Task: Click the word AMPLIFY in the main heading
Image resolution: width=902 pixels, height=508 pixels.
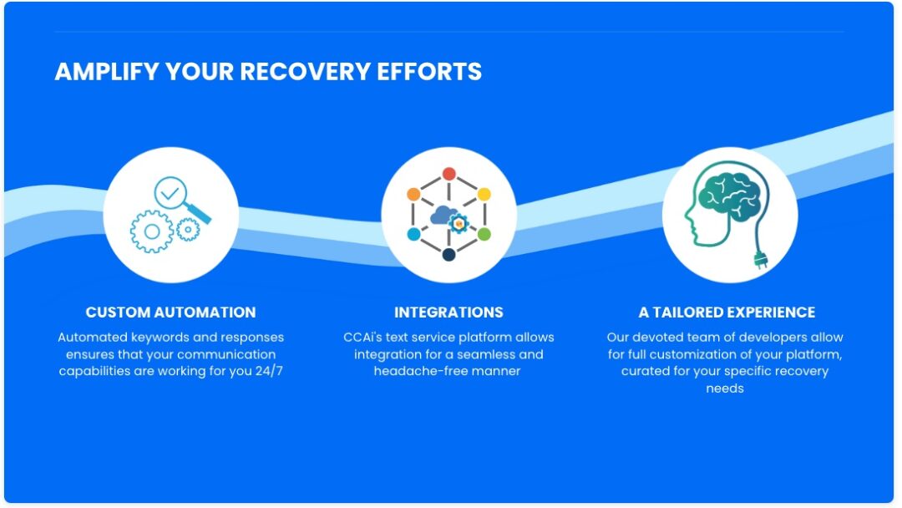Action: pos(106,72)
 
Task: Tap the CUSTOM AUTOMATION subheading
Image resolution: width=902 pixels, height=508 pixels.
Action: pos(170,312)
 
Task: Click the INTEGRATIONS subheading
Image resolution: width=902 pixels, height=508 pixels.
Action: pos(448,312)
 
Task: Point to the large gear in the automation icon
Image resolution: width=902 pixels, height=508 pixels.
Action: pos(150,232)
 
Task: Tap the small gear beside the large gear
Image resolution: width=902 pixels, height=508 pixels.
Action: pos(189,228)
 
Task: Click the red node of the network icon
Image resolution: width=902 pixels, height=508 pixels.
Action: pos(448,174)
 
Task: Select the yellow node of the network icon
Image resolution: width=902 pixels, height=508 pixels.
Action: pos(484,194)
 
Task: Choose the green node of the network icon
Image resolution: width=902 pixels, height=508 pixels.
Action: pos(484,234)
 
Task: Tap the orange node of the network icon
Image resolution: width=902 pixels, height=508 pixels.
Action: pos(413,194)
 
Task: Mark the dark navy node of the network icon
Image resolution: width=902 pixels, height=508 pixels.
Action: pos(448,255)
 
